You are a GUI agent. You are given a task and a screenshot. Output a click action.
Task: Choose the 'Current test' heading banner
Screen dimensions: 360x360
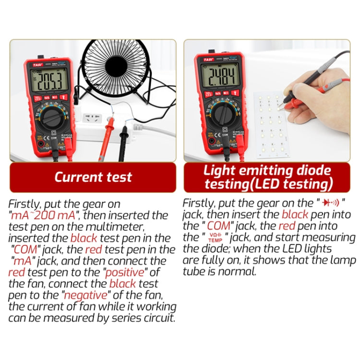[93, 177]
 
